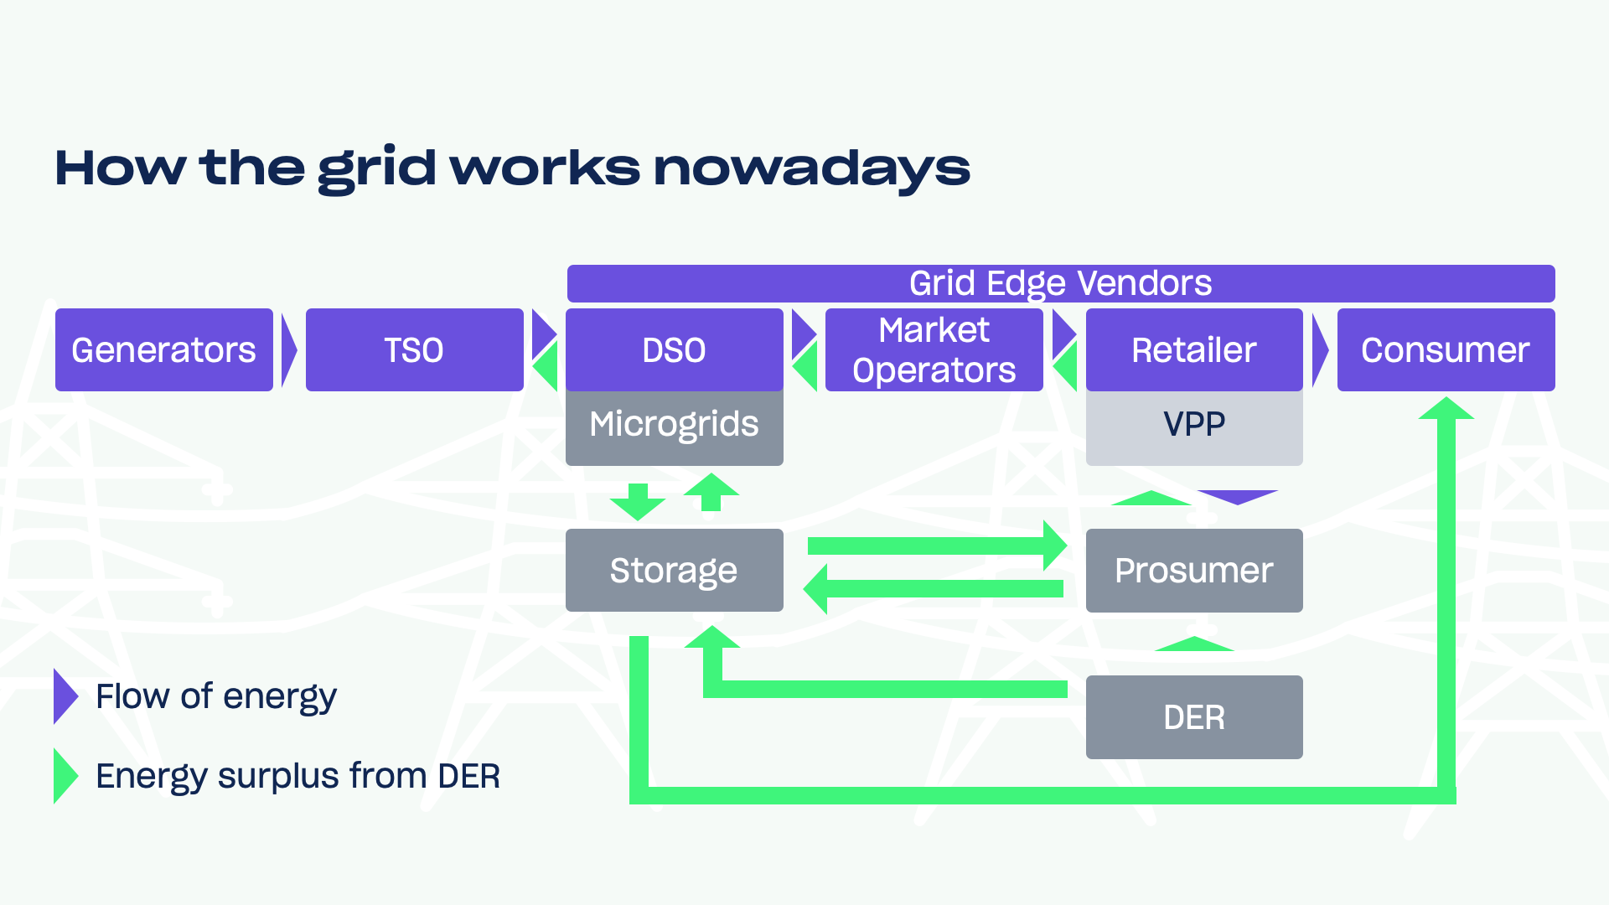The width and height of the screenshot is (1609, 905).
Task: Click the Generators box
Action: pos(163,349)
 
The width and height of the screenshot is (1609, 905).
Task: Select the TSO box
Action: pos(414,349)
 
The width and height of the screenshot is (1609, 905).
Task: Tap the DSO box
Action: pos(674,349)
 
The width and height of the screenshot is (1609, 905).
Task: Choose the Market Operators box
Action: pos(934,349)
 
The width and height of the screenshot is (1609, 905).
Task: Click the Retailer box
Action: pos(1193,349)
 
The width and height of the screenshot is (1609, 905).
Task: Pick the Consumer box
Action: pos(1445,349)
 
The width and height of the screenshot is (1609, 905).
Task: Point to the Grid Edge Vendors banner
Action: pos(1060,283)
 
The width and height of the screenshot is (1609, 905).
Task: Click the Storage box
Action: pos(674,570)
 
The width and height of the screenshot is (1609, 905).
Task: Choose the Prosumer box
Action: pos(1193,570)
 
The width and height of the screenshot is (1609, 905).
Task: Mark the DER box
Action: pos(1193,717)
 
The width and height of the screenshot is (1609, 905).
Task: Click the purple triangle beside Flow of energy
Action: pos(64,696)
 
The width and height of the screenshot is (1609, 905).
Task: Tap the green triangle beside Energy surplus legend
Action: pos(64,776)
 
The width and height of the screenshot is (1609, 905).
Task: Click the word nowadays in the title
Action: pos(811,168)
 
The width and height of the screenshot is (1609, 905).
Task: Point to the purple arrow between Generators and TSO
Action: pos(288,350)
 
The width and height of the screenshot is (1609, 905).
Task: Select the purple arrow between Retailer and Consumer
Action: pos(1319,350)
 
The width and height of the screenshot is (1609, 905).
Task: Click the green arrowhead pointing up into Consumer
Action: pos(1446,409)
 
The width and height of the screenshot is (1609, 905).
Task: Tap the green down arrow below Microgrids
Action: pos(638,502)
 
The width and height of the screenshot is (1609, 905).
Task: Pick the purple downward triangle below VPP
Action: pos(1237,496)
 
